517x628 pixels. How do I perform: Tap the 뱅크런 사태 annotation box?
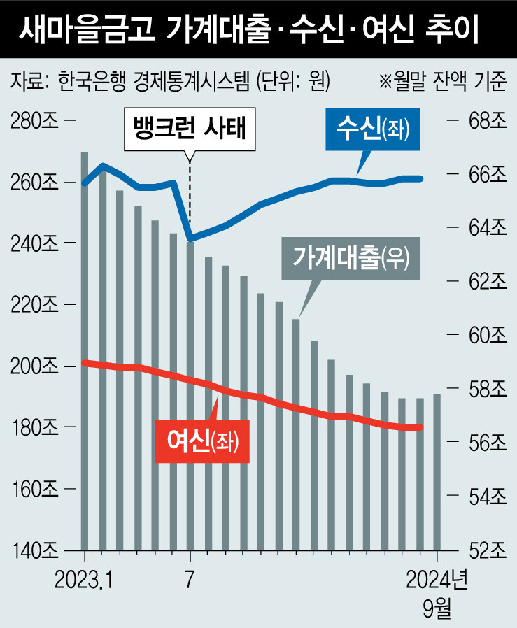[190, 130]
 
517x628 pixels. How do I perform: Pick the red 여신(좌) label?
[201, 440]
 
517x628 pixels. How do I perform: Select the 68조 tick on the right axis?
[486, 121]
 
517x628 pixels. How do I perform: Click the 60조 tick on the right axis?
[486, 336]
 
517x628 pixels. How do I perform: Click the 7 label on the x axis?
[190, 580]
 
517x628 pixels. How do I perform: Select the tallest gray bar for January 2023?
[85, 350]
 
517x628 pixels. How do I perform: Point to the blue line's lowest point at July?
[190, 240]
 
